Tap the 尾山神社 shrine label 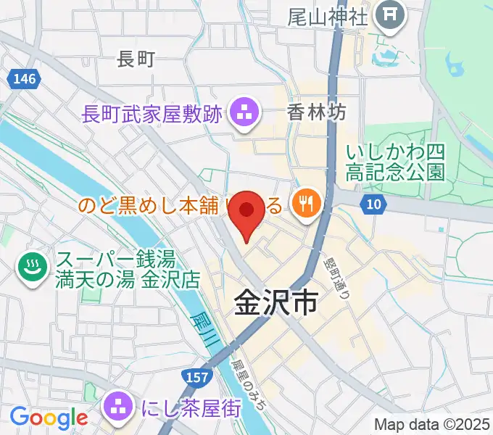[328, 15]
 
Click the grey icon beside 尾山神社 [390, 14]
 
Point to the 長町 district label [136, 60]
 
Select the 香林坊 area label [316, 112]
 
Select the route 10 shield [373, 205]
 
